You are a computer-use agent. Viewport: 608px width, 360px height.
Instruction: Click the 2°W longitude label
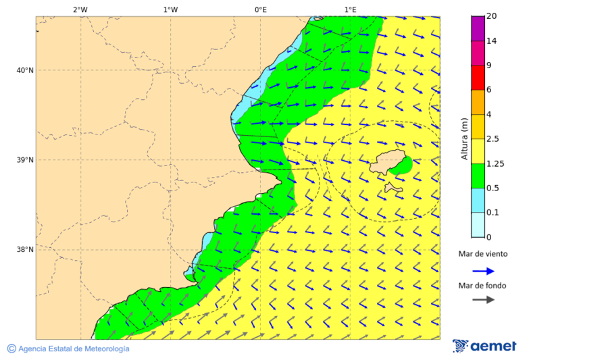(x=80, y=9)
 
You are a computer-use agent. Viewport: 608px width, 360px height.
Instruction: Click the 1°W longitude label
(x=170, y=9)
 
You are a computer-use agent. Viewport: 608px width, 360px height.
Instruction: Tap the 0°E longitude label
(x=260, y=9)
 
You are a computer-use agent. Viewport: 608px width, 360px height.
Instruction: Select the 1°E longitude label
(x=350, y=9)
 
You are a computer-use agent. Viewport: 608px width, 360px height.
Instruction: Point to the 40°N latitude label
(x=24, y=70)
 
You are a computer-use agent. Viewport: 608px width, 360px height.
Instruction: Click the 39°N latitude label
(x=24, y=160)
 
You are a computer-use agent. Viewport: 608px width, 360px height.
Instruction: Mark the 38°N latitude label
(x=24, y=250)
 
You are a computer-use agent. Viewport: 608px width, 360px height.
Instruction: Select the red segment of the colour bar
(x=478, y=77)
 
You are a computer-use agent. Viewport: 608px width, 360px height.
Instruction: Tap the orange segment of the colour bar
(x=478, y=102)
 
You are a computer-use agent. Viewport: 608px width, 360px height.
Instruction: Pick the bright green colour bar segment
(x=478, y=176)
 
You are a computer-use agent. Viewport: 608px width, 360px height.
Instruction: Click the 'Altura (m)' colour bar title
(x=464, y=138)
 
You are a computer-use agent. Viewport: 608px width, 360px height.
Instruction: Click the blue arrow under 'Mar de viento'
(x=483, y=270)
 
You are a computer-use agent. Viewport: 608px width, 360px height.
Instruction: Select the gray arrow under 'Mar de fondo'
(x=483, y=299)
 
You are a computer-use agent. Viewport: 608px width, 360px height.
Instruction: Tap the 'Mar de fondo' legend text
(x=482, y=285)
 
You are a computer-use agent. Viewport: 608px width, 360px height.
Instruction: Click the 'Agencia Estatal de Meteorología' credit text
(x=73, y=349)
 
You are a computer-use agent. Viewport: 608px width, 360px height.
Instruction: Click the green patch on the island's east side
(x=402, y=165)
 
